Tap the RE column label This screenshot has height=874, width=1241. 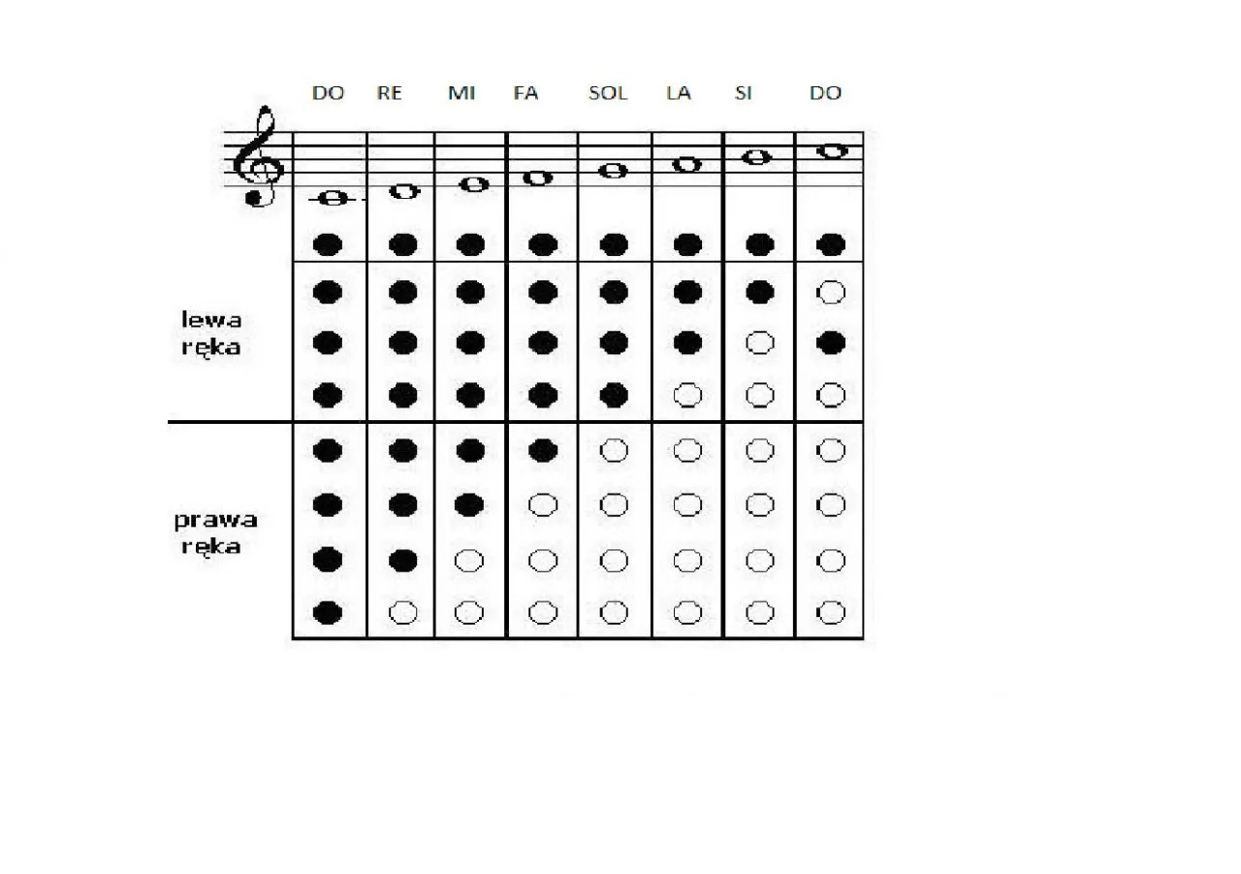click(389, 94)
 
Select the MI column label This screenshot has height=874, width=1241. click(461, 94)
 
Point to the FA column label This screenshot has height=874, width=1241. click(526, 94)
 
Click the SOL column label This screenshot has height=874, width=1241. click(608, 94)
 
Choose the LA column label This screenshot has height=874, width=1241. click(679, 94)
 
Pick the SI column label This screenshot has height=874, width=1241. click(744, 94)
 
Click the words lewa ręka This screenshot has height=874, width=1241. click(210, 333)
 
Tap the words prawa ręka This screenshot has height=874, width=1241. click(215, 533)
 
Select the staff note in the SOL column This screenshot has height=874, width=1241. click(614, 171)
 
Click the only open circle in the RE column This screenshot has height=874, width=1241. click(402, 612)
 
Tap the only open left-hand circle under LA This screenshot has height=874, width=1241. click(687, 395)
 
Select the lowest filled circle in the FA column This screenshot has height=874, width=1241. click(543, 450)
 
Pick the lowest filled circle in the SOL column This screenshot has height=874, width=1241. click(614, 395)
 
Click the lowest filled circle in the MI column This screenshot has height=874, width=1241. click(470, 504)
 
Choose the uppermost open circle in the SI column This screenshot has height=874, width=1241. click(760, 343)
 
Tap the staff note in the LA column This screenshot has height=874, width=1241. click(687, 164)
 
